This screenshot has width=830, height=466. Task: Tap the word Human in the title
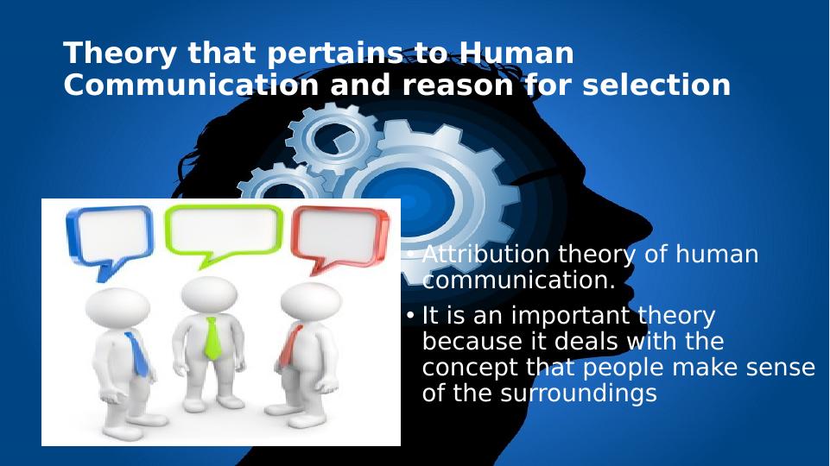[x=516, y=54]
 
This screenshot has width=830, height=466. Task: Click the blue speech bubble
[x=110, y=234]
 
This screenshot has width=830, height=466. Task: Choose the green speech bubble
[x=224, y=230]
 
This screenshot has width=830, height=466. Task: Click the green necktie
[x=212, y=337]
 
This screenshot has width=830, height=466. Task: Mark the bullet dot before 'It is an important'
[x=410, y=316]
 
